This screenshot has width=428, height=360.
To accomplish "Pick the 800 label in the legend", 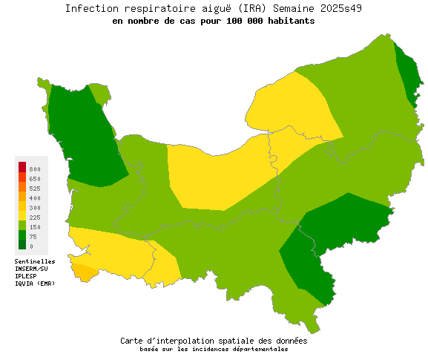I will (x=35, y=169).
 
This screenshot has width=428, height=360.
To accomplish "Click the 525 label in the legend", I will (x=35, y=189).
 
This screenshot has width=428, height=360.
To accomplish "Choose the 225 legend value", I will (x=35, y=217).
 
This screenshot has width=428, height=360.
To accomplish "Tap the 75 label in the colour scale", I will (x=33, y=237).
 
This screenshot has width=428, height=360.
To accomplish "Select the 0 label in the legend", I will (x=30, y=246).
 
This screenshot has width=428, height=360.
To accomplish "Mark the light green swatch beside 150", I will (x=22, y=225).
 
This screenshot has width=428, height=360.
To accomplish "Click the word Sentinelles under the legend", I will (x=35, y=261).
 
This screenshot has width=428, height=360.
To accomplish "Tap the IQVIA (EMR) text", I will (x=34, y=284).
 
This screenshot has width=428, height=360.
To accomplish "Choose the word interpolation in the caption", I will (x=188, y=341).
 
